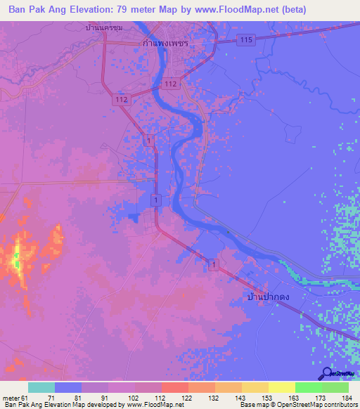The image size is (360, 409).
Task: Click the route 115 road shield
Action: click(x=245, y=40)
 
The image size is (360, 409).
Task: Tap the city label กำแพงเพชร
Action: click(x=167, y=42)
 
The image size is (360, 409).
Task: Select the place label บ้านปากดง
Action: click(x=269, y=298)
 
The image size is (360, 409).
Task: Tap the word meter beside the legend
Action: click(x=10, y=397)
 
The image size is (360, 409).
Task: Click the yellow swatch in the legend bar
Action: click(x=281, y=387)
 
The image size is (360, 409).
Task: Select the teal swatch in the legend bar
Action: click(x=41, y=387)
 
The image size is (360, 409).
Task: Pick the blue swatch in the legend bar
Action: click(x=67, y=387)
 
